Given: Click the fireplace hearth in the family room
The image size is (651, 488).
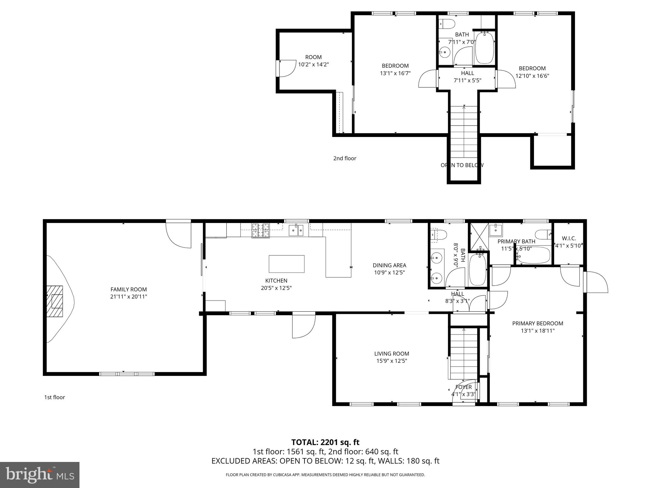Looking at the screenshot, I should coord(55,301).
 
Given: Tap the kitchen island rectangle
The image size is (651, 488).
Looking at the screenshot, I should coord(286,264).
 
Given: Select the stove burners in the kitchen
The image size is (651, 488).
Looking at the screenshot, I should coord(261,230).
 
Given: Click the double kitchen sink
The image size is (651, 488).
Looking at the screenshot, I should coord(296,230).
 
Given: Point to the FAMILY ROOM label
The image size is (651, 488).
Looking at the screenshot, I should coord(128,289).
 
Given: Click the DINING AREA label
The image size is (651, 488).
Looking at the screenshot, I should coord(389,265).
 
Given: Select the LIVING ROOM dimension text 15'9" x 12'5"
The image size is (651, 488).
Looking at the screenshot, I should coord(391,361).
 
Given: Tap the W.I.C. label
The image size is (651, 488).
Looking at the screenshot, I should coord(569,238).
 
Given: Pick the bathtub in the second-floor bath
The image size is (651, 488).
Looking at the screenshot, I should coord(484,48).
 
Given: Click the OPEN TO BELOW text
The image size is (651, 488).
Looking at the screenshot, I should coord(462,165).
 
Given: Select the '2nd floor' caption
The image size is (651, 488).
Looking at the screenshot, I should coord(345,158).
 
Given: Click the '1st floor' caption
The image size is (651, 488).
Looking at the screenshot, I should coord(54,397).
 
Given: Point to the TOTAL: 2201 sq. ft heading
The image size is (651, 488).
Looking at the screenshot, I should coord(325,442).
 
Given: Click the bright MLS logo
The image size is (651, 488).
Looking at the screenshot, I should coord(39,475).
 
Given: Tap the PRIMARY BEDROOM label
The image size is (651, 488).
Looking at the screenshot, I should coord(538,323).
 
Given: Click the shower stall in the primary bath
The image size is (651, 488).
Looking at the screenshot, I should coord(479,237).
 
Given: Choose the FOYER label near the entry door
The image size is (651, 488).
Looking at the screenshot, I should coord(463,387).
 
